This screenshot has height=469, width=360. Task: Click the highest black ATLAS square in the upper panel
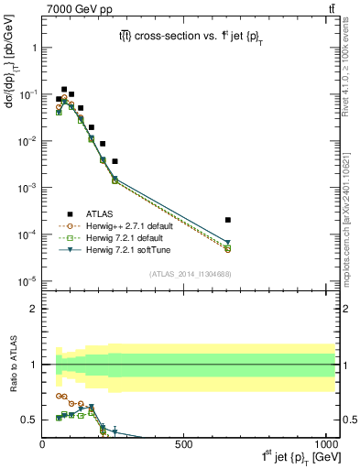pyautogui.click(x=64, y=90)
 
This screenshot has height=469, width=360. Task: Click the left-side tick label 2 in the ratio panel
pyautogui.click(x=34, y=309)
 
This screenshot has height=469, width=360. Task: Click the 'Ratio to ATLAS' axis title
pyautogui.click(x=12, y=364)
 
